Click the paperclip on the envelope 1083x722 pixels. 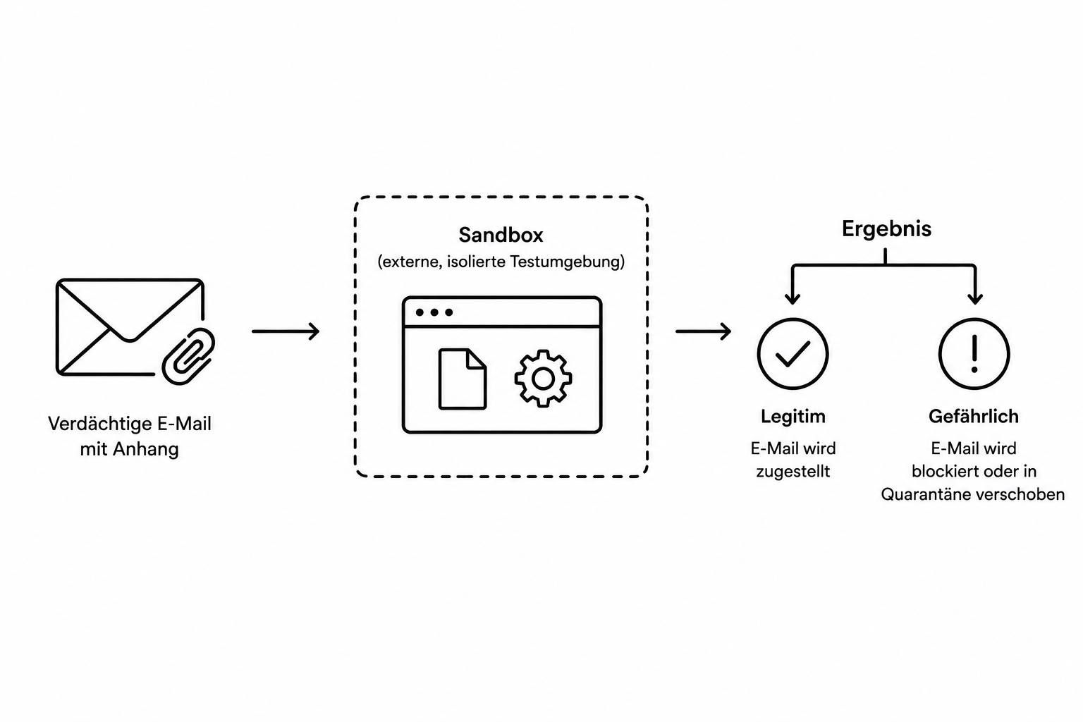(x=188, y=356)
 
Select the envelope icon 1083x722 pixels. (x=130, y=327)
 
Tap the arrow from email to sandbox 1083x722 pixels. (x=286, y=331)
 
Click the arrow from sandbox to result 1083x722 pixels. (x=703, y=331)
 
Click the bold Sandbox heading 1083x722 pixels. (x=501, y=235)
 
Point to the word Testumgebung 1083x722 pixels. (x=567, y=262)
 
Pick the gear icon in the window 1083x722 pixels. (x=543, y=379)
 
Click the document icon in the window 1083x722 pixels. (x=463, y=379)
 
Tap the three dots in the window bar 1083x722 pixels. (x=434, y=312)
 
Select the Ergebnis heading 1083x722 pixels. (x=886, y=228)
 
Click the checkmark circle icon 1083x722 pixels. (x=793, y=354)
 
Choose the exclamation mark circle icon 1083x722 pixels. (x=974, y=354)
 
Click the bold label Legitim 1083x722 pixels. (x=793, y=417)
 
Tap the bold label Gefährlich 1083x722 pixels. (x=974, y=417)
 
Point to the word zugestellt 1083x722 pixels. (x=793, y=472)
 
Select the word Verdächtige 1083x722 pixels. (x=99, y=424)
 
